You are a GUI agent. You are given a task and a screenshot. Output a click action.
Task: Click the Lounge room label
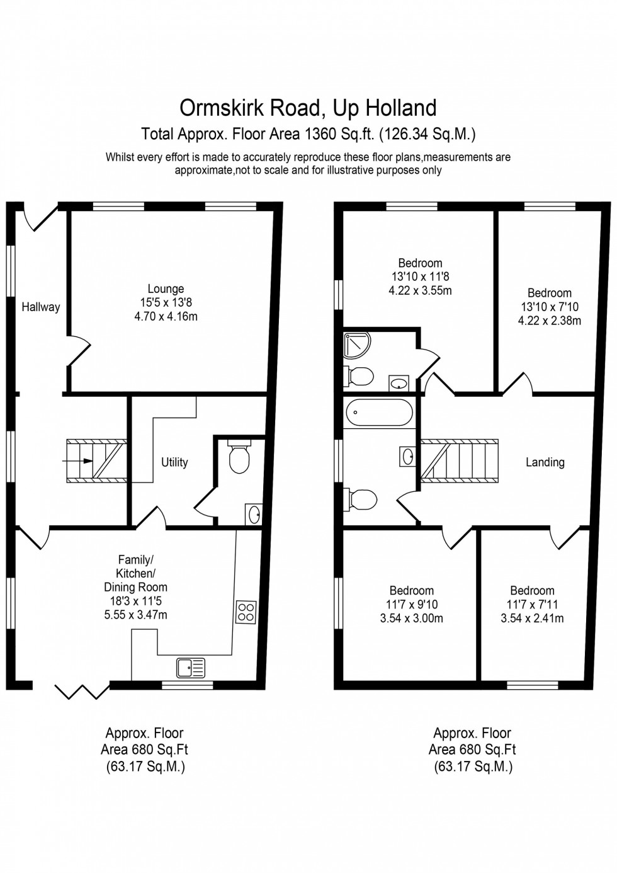click(166, 288)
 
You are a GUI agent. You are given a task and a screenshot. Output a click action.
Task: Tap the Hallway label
click(40, 307)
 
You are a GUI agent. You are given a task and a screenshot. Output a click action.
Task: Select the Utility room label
click(174, 462)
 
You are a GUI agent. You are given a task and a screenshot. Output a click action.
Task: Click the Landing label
click(545, 462)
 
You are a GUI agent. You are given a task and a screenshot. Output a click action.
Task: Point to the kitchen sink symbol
click(191, 667)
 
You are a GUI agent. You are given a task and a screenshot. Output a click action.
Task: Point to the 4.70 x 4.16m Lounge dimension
click(166, 316)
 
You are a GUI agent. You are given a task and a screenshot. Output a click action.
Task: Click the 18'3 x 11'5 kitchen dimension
click(135, 602)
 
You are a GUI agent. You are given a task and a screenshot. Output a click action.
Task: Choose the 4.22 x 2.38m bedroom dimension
click(549, 321)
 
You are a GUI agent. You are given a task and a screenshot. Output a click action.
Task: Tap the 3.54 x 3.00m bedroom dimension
click(411, 618)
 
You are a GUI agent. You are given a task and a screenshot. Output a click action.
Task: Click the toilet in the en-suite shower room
click(359, 377)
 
